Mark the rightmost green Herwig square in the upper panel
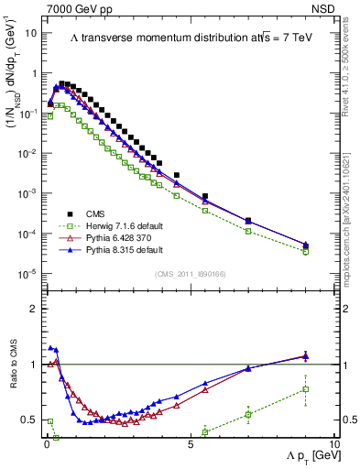pyautogui.click(x=306, y=251)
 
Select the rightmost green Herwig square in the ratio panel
pyautogui.click(x=306, y=389)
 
